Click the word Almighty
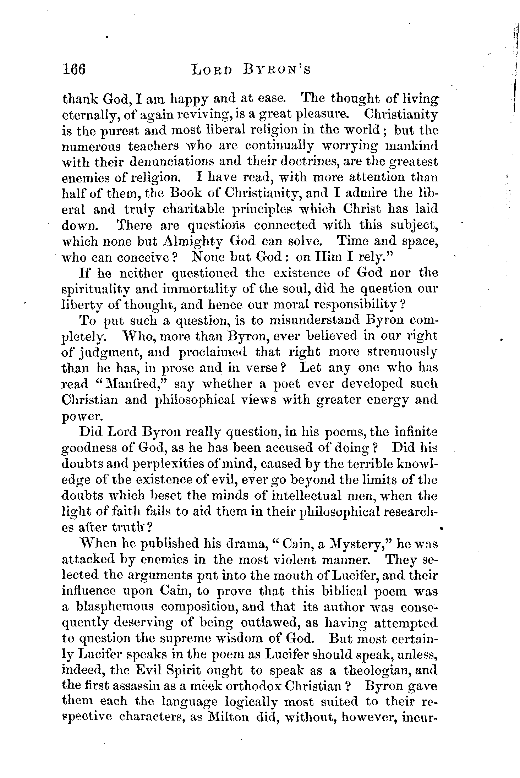(x=193, y=241)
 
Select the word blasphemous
(x=116, y=607)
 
